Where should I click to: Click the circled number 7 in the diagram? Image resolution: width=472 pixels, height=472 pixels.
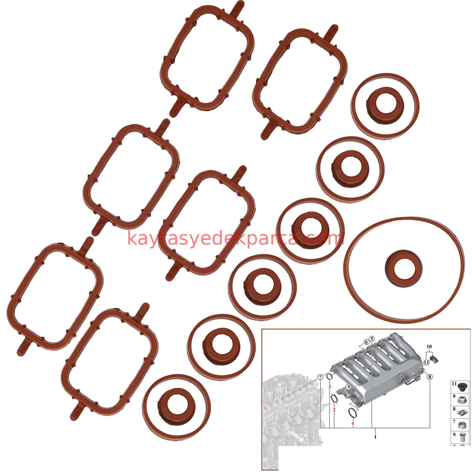point(320,377)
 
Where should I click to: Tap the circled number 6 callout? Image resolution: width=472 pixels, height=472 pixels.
point(366,342)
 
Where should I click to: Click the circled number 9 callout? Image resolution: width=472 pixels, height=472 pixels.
point(348,386)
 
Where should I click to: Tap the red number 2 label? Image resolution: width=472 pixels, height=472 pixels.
point(334,410)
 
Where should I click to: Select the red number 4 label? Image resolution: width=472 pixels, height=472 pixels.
point(353,423)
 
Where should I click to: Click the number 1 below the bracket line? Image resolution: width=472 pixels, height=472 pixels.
point(375,437)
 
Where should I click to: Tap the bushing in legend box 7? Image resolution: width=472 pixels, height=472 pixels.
point(462,425)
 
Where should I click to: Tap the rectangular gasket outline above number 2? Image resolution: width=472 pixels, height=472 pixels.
point(334,399)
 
